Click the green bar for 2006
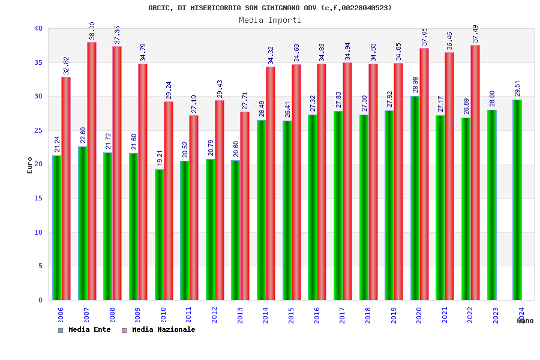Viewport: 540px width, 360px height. click(x=56, y=228)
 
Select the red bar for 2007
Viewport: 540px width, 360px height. click(x=92, y=171)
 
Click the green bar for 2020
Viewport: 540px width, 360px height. click(x=415, y=198)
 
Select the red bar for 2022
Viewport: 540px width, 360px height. click(x=475, y=172)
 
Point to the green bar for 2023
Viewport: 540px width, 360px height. click(x=491, y=205)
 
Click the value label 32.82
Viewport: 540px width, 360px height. click(x=67, y=65)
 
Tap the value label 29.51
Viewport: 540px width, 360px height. click(x=518, y=88)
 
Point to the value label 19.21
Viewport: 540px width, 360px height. click(x=160, y=158)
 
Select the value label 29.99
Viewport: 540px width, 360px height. click(x=415, y=85)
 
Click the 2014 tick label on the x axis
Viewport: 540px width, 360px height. click(x=266, y=316)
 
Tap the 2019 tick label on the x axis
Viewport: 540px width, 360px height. click(x=394, y=316)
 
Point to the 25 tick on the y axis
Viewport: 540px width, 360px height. click(x=38, y=130)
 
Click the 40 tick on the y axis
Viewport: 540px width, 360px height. click(x=38, y=28)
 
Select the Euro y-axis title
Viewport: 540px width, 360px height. click(x=30, y=165)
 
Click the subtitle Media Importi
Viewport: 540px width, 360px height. click(x=270, y=20)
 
